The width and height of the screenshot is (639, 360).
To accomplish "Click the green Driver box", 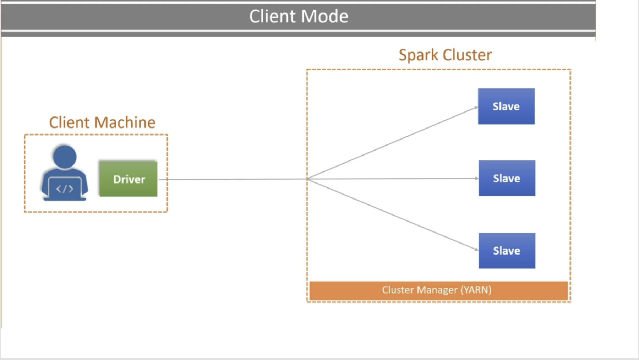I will click(x=128, y=179).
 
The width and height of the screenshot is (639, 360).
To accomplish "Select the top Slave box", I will click(x=506, y=106).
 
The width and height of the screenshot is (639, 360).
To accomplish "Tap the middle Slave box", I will click(x=507, y=178).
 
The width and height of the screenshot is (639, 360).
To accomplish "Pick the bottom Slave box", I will click(x=507, y=250).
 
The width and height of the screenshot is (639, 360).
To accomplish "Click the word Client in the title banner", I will click(x=272, y=16).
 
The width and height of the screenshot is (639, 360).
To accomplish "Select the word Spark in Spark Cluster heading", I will click(x=419, y=55).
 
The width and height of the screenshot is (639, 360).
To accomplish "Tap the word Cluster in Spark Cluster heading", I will click(x=467, y=55).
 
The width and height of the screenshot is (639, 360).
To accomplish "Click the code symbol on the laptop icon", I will click(x=65, y=189).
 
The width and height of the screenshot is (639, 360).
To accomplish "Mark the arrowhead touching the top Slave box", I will click(x=476, y=108).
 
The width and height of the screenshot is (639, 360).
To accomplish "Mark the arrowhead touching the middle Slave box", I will click(x=476, y=178).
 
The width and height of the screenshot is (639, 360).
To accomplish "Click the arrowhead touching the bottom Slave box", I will click(x=476, y=249).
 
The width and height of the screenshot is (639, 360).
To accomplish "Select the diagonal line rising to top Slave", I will click(x=390, y=143).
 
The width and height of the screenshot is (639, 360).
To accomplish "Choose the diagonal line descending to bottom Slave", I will click(x=390, y=214).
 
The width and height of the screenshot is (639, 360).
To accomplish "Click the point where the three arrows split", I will click(x=307, y=179).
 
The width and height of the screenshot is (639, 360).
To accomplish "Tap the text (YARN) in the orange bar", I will click(x=476, y=290).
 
